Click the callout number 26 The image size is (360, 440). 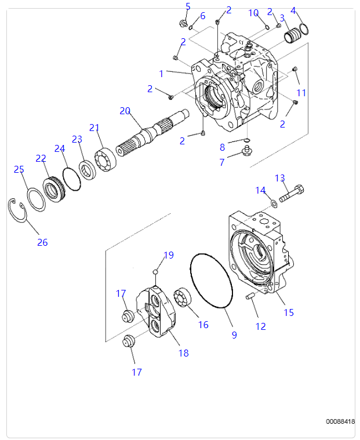pos(42,242)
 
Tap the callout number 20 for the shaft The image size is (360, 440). pos(125,111)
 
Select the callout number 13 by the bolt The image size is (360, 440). pos(280,178)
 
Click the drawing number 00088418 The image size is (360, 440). pos(340,421)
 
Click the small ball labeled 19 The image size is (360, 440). pos(155,271)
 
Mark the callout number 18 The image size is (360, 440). pos(184,352)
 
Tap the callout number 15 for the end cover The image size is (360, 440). pos(288,312)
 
